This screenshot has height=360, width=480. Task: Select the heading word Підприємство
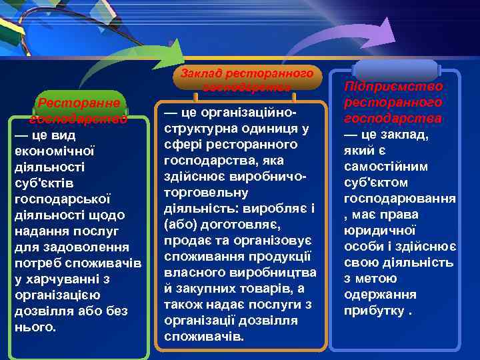[393, 87]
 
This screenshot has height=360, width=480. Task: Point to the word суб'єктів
[43, 183]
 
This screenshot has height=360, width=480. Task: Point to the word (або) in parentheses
[179, 225]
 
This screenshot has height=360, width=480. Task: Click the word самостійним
[385, 167]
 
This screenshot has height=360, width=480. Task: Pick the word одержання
[380, 295]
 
